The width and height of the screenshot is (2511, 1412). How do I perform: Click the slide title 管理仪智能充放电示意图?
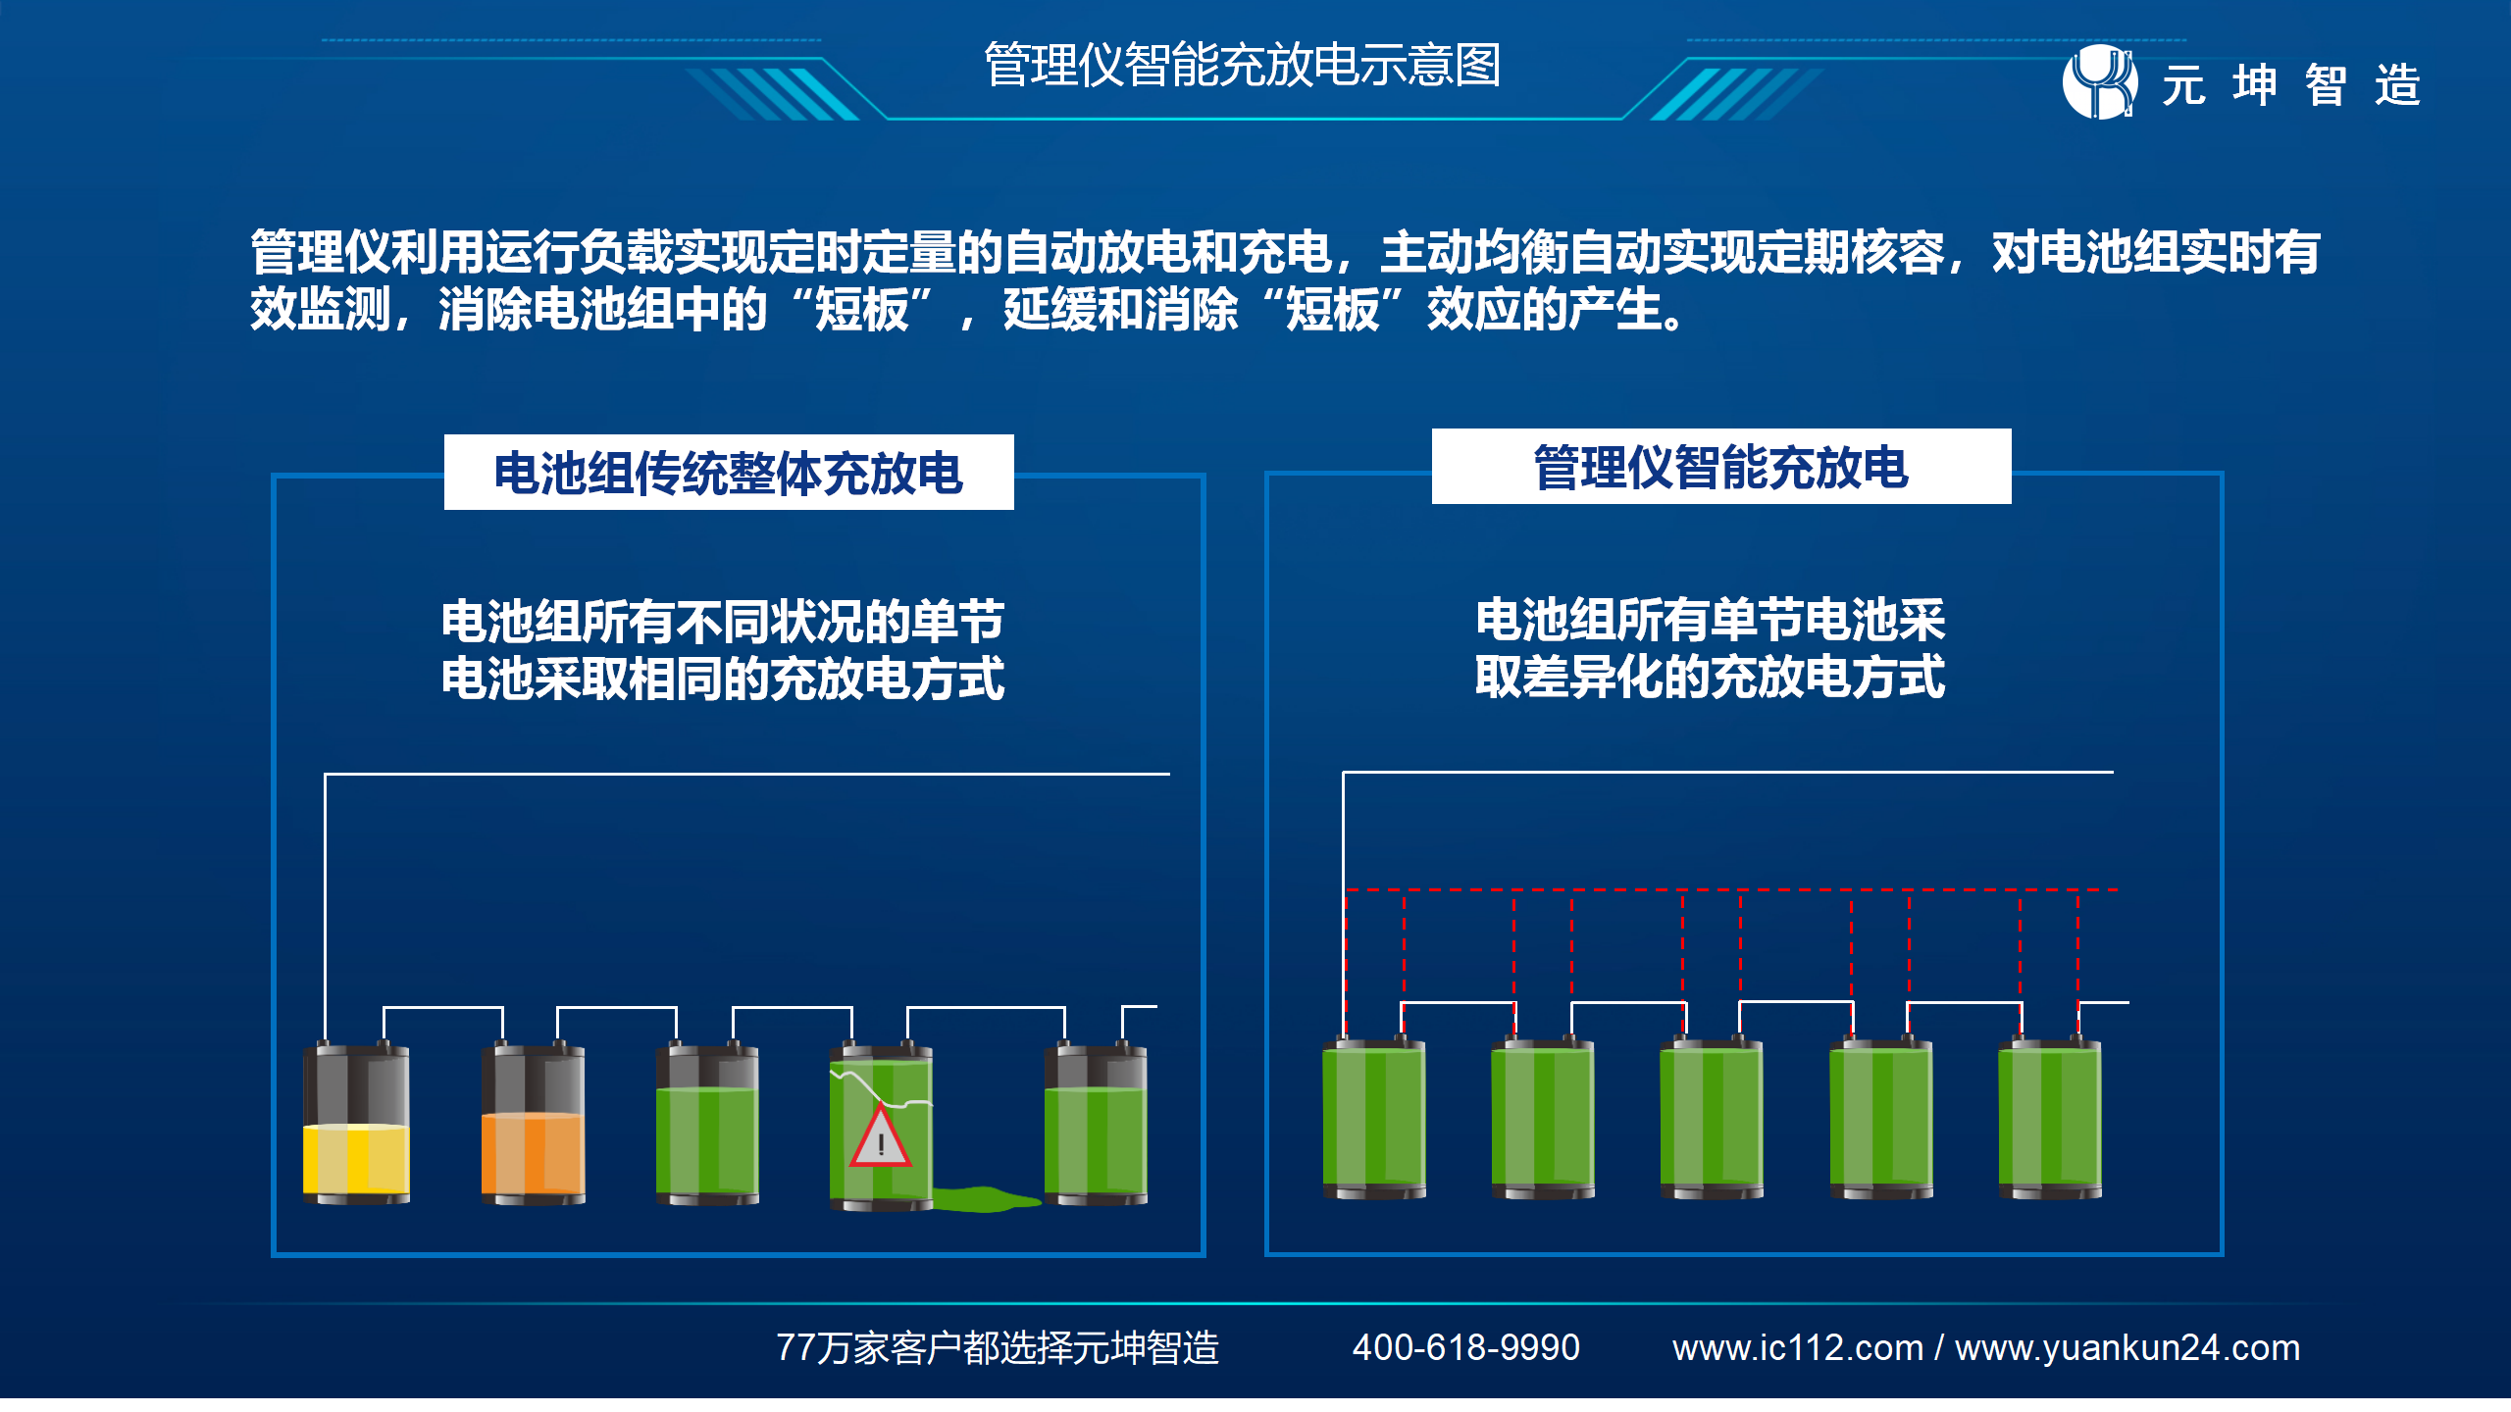(1242, 65)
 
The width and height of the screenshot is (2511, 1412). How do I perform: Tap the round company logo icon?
(2100, 82)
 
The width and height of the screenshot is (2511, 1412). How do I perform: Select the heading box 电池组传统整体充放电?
(729, 473)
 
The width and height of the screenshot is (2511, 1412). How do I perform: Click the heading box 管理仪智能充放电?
(1721, 467)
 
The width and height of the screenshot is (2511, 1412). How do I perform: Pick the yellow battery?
(356, 1124)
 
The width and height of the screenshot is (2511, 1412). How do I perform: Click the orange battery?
(533, 1124)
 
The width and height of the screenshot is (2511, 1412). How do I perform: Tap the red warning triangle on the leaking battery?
(881, 1137)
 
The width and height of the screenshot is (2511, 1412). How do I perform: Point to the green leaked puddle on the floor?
(985, 1198)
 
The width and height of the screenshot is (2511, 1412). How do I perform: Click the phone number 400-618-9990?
(1466, 1348)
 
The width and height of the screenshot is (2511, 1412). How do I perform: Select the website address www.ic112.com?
(1798, 1348)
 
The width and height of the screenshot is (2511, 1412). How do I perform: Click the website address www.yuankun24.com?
(2127, 1348)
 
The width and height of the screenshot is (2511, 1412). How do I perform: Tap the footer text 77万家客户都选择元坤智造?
(998, 1348)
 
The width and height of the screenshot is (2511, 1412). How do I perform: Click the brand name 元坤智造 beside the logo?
(2292, 84)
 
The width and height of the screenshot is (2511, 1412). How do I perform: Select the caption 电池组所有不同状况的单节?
(723, 621)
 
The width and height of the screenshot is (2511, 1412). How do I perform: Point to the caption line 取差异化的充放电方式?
(1710, 677)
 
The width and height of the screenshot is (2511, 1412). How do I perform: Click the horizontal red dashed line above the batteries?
(1732, 890)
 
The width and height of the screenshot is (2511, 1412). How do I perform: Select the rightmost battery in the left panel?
(1096, 1124)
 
